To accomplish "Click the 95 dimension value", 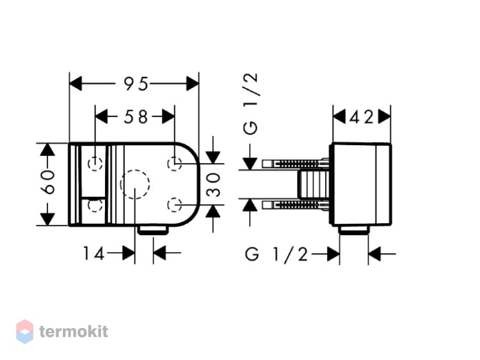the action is click(x=136, y=84).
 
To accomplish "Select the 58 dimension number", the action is click(x=136, y=117).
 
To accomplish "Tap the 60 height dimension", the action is click(x=48, y=182).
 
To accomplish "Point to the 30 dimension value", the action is click(x=213, y=185).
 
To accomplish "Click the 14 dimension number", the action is click(x=94, y=254).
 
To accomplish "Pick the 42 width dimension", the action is click(x=362, y=117).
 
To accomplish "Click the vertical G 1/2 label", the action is click(x=250, y=104).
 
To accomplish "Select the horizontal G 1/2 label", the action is click(x=276, y=254).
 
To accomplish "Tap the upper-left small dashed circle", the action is click(x=95, y=163).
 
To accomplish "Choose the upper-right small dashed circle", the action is click(x=175, y=163).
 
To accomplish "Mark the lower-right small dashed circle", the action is click(x=175, y=205).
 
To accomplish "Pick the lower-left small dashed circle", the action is click(x=95, y=205).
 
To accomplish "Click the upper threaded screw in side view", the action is click(x=296, y=163).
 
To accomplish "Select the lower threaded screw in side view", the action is click(x=296, y=205).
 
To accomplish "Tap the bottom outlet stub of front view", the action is click(x=153, y=230).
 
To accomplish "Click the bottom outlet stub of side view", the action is click(x=354, y=230).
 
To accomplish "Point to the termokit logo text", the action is click(x=74, y=331).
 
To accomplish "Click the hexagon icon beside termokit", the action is click(x=24, y=331).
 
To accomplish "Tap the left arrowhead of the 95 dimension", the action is click(x=76, y=84).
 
